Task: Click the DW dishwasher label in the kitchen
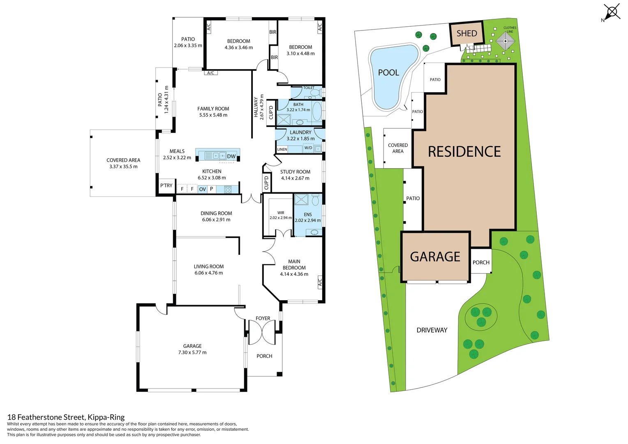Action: pos(231,156)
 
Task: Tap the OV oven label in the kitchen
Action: pos(202,189)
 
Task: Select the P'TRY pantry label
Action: pos(166,185)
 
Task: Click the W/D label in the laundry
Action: pos(308,148)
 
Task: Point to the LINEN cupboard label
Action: pos(282,149)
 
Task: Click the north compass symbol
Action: pos(611,12)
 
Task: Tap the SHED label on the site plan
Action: pos(466,34)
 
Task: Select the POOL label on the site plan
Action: pos(388,73)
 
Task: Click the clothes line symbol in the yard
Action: pos(505,41)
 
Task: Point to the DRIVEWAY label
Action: pos(432,330)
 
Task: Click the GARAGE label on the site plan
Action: pos(435,257)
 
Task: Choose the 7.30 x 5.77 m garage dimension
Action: pos(192,352)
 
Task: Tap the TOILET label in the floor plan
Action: pos(309,88)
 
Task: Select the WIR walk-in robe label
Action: pos(281,213)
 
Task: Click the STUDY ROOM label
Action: pos(295,172)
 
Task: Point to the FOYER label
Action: pos(263,318)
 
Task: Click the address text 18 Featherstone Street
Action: pos(66,417)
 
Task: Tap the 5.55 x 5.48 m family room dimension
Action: pos(213,115)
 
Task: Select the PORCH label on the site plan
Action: pos(481,262)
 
